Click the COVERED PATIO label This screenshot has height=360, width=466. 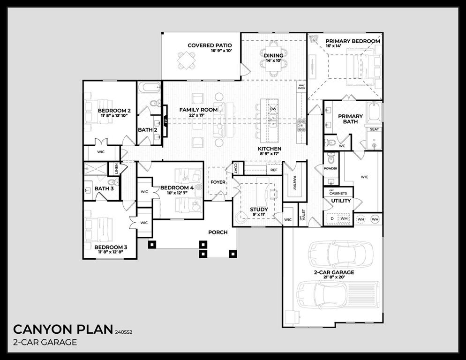click(x=210, y=45)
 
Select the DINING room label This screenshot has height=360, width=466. click(x=273, y=55)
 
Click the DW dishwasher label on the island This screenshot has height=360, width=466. click(x=273, y=109)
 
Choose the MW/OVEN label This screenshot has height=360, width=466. click(x=301, y=87)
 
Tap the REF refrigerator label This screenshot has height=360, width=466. click(x=274, y=170)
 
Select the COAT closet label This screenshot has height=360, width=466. click(x=235, y=167)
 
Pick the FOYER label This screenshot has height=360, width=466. click(x=218, y=182)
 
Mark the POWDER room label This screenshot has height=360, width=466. click(x=331, y=168)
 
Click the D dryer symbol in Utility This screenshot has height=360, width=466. click(x=332, y=218)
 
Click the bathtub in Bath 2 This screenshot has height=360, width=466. click(x=149, y=87)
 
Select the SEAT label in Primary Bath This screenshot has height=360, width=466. click(x=374, y=129)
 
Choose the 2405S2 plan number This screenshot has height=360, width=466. click(x=124, y=331)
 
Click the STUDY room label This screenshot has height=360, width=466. click(x=259, y=210)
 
